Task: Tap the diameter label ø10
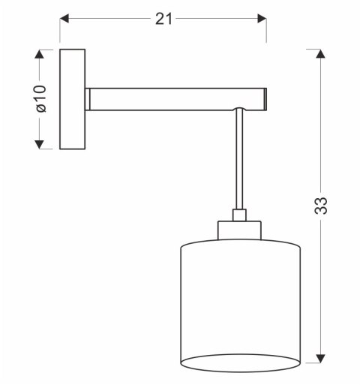40,99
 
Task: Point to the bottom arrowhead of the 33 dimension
320,359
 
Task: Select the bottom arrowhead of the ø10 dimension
40,143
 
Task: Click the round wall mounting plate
73,98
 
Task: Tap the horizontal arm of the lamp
172,98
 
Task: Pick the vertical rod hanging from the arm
238,165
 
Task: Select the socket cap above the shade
238,230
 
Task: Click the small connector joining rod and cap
238,215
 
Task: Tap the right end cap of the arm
265,98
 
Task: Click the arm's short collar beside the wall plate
88,98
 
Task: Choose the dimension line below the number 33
320,285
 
